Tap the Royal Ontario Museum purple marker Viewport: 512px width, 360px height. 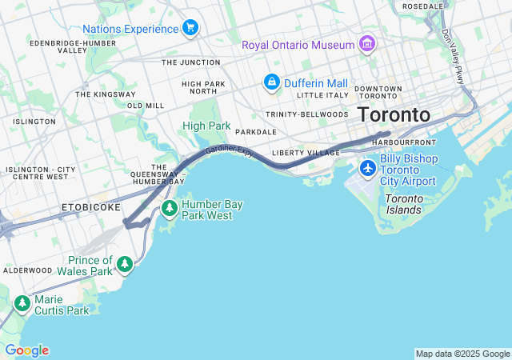(x=366, y=43)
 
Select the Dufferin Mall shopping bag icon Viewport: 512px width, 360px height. (x=272, y=82)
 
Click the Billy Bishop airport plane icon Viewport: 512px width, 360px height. (x=367, y=168)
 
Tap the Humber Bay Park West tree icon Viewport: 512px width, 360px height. (x=169, y=209)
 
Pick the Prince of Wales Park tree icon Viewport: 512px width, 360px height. (x=124, y=264)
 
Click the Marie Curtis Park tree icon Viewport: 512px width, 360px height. (x=22, y=304)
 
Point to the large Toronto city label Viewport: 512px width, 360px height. (x=394, y=114)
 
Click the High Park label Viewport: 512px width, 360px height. (x=206, y=126)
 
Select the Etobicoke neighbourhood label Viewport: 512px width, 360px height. (x=90, y=207)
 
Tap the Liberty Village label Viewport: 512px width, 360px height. (x=301, y=153)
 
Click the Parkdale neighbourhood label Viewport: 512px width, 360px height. (x=255, y=132)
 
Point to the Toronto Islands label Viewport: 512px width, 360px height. (x=403, y=204)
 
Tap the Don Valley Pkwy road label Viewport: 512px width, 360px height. (x=453, y=56)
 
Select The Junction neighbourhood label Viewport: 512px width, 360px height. (x=190, y=62)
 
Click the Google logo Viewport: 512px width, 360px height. (x=26, y=350)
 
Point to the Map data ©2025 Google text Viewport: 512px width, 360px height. (x=462, y=354)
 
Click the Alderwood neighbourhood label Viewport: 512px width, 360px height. (x=28, y=270)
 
